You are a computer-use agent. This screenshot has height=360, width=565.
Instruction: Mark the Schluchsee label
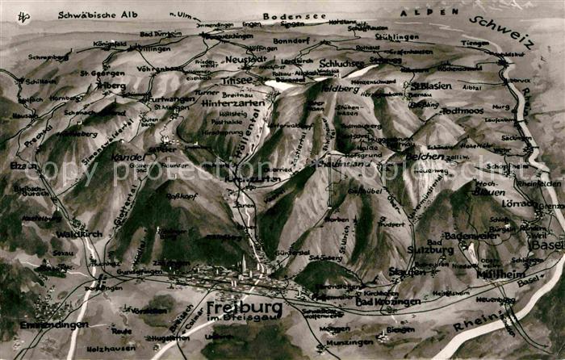click(x=342, y=63)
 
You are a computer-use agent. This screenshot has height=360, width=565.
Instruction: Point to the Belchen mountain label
click(x=425, y=156)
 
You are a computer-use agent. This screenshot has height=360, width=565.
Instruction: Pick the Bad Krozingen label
click(x=388, y=302)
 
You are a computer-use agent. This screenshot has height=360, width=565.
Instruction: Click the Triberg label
click(x=111, y=85)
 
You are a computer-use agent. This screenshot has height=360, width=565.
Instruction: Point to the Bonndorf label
click(x=291, y=40)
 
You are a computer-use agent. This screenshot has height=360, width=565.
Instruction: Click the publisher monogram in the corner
click(x=24, y=17)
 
